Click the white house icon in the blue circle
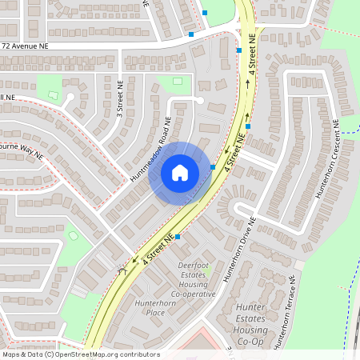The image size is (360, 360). click(x=179, y=172)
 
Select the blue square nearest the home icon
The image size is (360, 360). click(x=213, y=167)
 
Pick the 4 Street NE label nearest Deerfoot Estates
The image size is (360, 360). click(x=159, y=250)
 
